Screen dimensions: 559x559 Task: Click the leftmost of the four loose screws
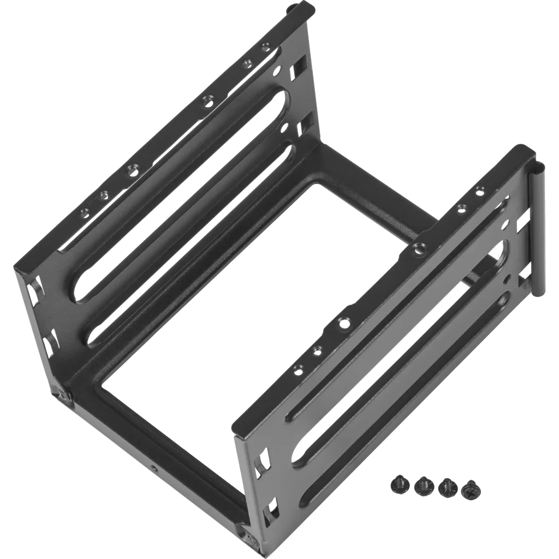(x=399, y=483)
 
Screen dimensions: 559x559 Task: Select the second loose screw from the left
(x=423, y=485)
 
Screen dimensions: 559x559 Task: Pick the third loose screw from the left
(x=447, y=487)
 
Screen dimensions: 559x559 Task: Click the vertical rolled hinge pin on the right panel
(x=536, y=229)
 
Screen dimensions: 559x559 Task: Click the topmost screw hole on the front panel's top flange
(x=480, y=189)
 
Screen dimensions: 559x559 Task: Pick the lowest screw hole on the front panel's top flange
(x=298, y=370)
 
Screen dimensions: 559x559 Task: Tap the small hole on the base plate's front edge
(x=154, y=468)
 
